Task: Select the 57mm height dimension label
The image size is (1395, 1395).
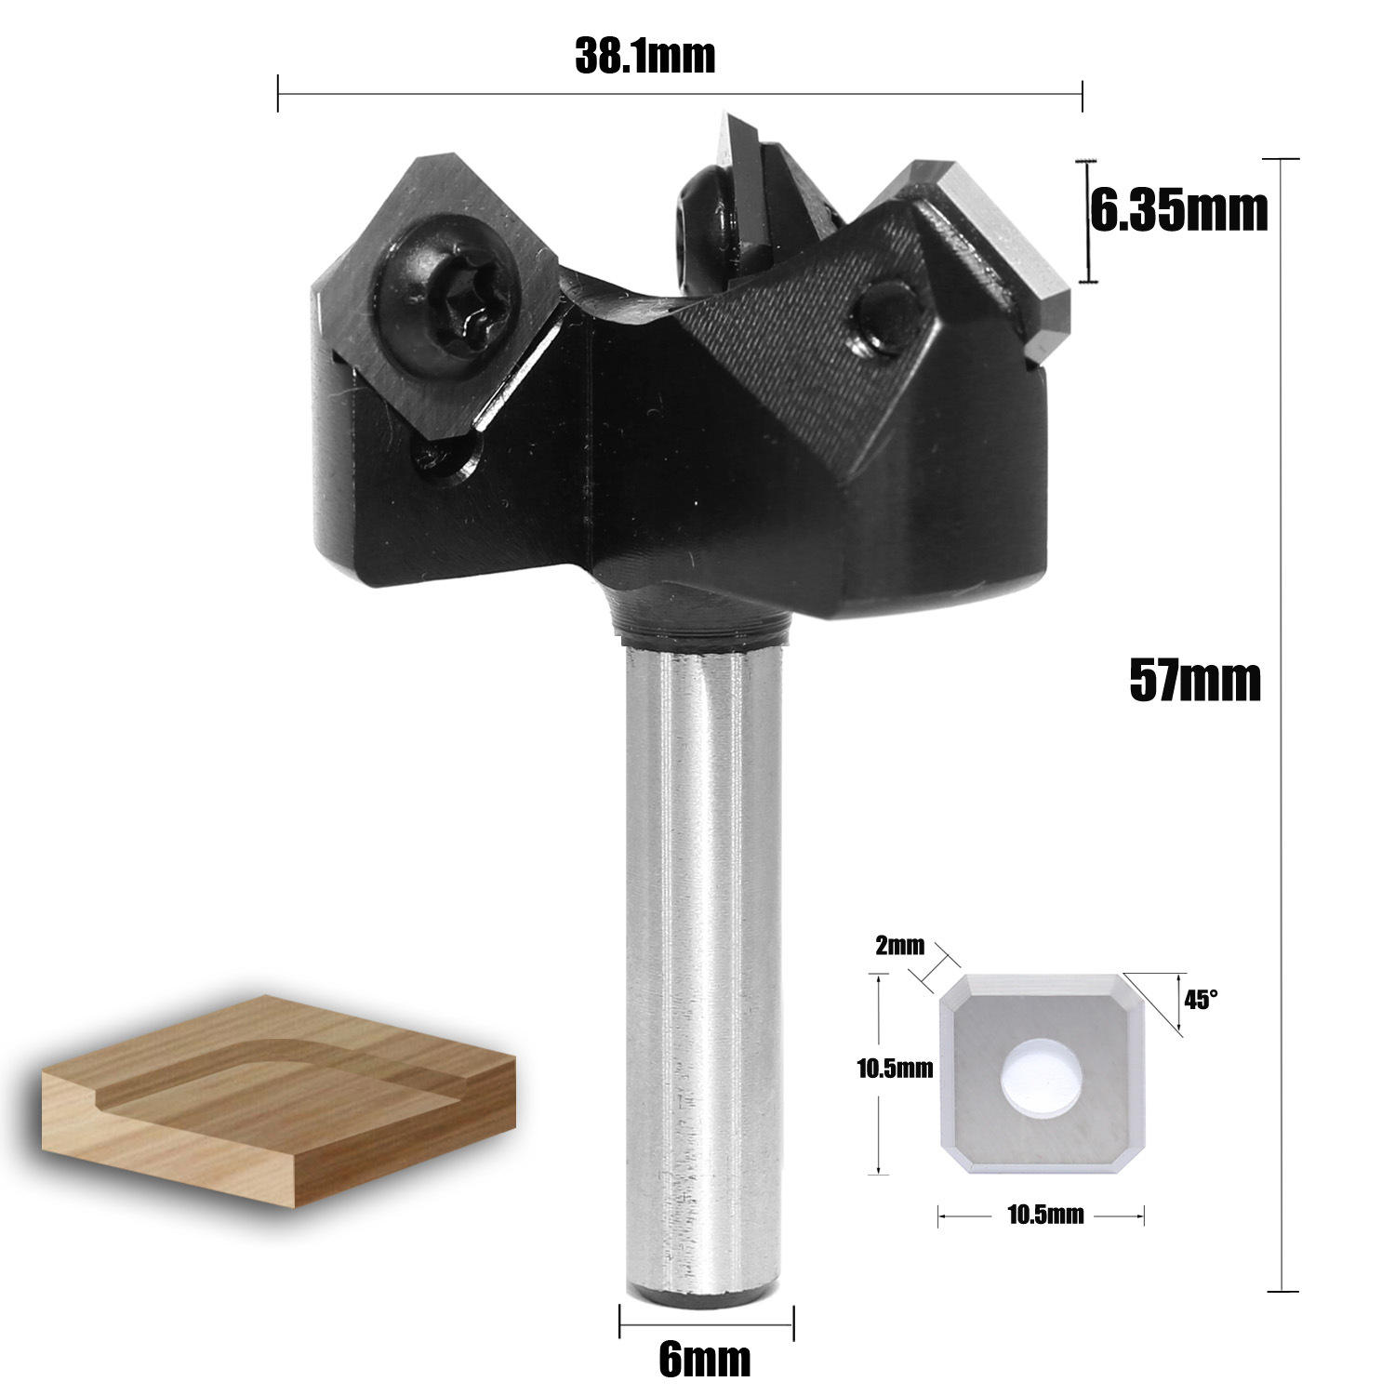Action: (x=1194, y=681)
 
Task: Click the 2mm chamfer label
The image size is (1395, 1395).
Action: (x=899, y=947)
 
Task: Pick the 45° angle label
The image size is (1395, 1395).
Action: (x=1200, y=1000)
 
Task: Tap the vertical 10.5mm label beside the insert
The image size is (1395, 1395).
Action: (x=894, y=1069)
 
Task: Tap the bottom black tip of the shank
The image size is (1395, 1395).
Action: (x=704, y=1296)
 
